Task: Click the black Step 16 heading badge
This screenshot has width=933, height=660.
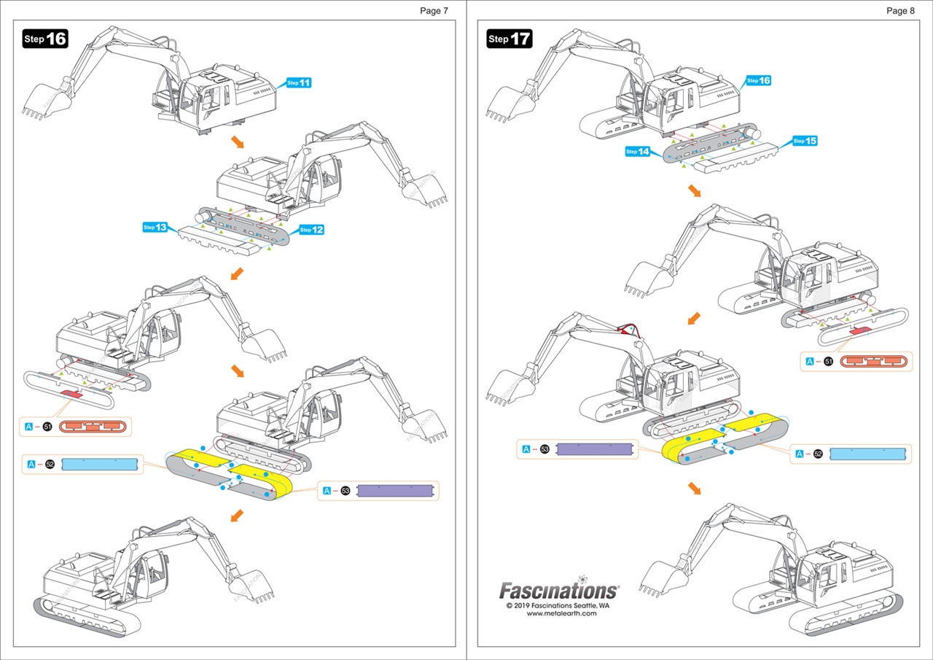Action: coord(45,39)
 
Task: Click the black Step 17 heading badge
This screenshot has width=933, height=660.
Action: coord(510,39)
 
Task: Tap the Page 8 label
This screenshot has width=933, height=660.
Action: coord(900,10)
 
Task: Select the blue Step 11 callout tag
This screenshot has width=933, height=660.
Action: coord(300,82)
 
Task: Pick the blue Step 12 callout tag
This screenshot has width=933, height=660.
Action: coord(311,230)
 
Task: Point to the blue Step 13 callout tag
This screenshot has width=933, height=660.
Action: coord(155,228)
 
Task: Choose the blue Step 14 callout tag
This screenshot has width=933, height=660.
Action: coord(639,152)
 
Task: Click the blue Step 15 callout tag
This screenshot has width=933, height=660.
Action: coord(805,140)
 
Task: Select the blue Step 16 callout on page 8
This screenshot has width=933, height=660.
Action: coord(759,80)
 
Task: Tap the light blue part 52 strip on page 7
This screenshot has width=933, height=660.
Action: coord(99,464)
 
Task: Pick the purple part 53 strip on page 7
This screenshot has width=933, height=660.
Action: coord(397,491)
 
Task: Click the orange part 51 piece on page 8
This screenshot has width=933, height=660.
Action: coord(875,361)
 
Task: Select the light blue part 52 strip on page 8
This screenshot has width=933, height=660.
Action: coord(870,453)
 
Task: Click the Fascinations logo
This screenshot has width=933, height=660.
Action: coord(558,590)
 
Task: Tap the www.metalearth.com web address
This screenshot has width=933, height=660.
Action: coord(561,613)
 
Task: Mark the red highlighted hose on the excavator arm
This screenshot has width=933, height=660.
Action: coord(632,329)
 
